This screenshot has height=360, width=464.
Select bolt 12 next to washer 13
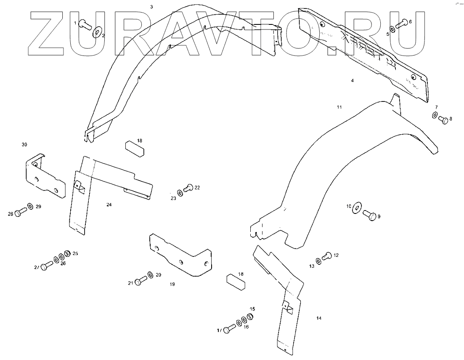[x=326, y=256]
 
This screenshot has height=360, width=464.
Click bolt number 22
[x=188, y=188]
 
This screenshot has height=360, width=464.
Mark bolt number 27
[x=46, y=265]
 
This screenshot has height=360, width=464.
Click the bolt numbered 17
[x=227, y=329]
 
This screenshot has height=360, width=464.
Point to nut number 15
[x=249, y=317]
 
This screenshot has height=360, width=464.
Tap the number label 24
[x=109, y=205]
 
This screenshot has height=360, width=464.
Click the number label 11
[x=339, y=107]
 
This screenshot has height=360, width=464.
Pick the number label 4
[x=353, y=80]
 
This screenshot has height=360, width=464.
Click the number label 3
[x=152, y=7]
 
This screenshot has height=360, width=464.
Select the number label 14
[x=319, y=318]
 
